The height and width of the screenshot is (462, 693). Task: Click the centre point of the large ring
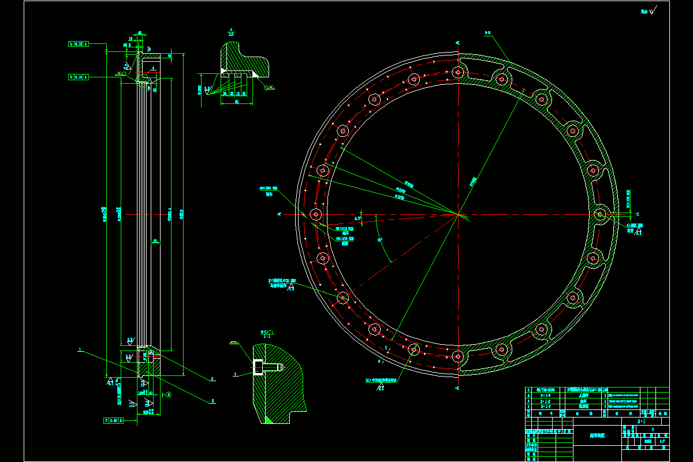pos(458,214)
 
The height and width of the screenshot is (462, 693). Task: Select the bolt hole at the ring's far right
pos(600,214)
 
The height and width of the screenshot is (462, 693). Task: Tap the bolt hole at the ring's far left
pos(316,214)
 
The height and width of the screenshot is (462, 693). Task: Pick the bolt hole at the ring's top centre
pos(458,72)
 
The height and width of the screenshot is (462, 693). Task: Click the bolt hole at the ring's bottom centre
pos(458,356)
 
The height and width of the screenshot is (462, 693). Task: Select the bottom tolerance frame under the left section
pos(112,420)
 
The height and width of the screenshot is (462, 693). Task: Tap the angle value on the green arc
pos(379,239)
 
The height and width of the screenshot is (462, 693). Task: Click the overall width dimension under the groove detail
pos(237,102)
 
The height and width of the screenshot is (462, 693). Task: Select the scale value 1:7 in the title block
pos(661,441)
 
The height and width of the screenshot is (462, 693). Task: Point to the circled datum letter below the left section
pos(169,395)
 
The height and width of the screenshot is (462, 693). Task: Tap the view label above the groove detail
pos(231,32)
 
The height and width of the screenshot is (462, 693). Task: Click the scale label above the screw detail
pos(267,333)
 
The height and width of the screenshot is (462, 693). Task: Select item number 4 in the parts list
pos(528,390)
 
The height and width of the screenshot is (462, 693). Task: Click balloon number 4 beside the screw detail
pos(236,374)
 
